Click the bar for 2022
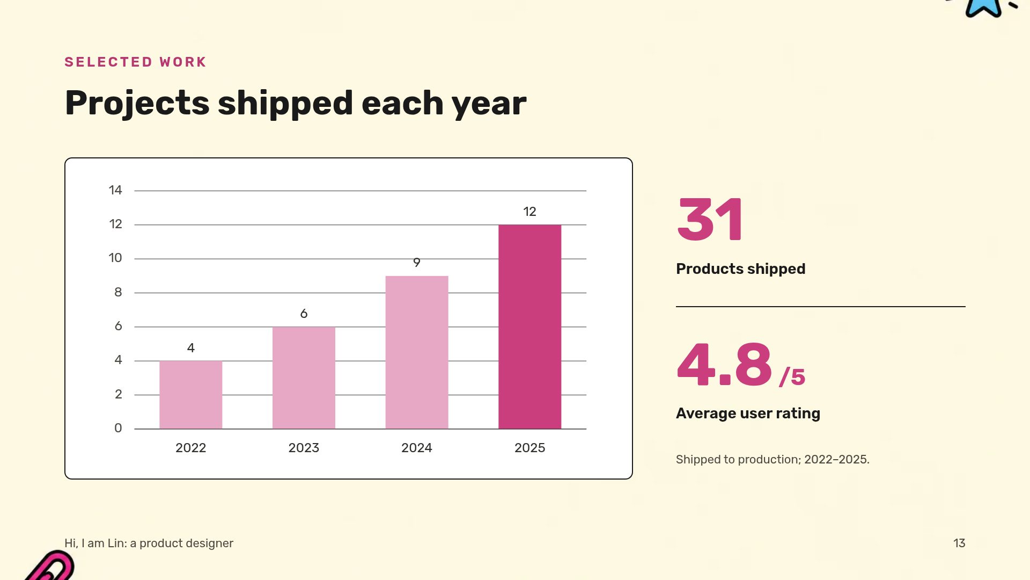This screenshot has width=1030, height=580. pos(190,395)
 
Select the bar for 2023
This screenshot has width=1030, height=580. pos(304,378)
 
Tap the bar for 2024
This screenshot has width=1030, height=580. pos(417,352)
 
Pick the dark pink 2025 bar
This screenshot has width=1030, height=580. pos(529,327)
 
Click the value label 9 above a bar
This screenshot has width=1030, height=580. pos(417,263)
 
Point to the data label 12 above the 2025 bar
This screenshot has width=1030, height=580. pos(529,212)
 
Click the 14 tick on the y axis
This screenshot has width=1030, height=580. pos(115,190)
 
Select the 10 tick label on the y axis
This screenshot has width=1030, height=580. pos(115,258)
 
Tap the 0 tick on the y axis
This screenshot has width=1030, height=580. pos(118,428)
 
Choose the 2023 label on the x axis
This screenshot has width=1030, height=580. pos(304,448)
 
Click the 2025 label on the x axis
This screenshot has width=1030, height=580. pos(529,448)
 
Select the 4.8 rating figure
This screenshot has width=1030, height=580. pos(724,365)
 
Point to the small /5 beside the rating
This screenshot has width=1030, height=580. pos(792,377)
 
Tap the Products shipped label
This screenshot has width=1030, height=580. pos(740,269)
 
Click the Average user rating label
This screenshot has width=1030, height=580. pos(748,413)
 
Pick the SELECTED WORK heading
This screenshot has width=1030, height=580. pos(135,62)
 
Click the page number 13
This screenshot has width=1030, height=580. pos(959,543)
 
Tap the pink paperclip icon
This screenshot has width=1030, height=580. pos(51,565)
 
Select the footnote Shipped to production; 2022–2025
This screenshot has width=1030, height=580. pos(772,460)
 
